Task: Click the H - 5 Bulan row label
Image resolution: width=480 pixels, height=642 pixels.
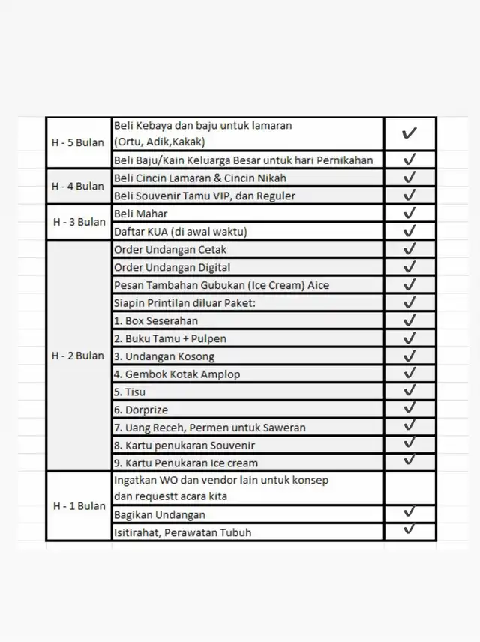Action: pos(78,142)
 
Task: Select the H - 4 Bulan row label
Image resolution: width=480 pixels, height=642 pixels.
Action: pos(78,186)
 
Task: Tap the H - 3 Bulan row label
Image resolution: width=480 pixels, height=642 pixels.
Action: pos(79,222)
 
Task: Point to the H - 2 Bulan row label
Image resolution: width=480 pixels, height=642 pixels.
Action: pos(78,355)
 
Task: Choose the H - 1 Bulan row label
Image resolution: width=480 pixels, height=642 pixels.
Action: pos(79,505)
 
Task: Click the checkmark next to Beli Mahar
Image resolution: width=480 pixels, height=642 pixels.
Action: pos(409,214)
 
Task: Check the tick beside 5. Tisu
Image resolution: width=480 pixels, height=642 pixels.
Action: pos(409,391)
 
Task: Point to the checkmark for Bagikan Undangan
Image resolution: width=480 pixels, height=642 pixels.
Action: pos(409,512)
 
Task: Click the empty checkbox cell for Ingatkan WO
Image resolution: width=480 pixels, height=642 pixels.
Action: pos(409,487)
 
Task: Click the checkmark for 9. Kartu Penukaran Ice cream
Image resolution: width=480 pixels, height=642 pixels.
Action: pos(409,460)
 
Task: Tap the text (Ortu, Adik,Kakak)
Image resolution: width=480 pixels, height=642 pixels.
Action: pos(159,141)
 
